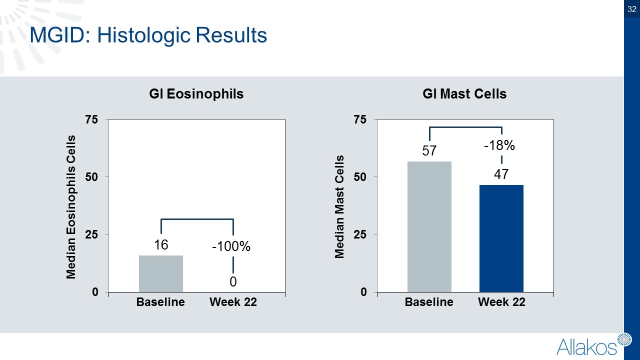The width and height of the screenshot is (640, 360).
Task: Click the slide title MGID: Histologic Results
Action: click(x=148, y=35)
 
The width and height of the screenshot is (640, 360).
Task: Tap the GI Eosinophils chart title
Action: click(x=196, y=93)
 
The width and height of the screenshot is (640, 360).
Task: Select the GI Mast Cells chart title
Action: click(x=464, y=93)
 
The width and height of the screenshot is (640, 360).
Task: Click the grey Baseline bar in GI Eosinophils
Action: click(x=160, y=273)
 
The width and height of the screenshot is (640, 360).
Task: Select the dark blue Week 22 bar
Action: click(x=501, y=238)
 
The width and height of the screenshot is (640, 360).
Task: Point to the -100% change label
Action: click(x=231, y=247)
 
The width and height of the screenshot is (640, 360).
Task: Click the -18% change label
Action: click(x=499, y=146)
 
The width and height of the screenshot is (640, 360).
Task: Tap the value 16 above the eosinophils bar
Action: click(x=160, y=245)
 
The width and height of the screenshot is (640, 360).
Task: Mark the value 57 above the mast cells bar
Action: click(x=429, y=150)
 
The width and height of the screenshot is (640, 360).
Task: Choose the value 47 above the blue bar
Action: click(x=501, y=174)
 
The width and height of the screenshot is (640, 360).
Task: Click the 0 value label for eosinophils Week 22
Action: click(x=233, y=282)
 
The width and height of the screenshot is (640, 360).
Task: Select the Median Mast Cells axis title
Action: click(x=339, y=207)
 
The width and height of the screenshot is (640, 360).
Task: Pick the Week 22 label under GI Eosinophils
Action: click(x=233, y=302)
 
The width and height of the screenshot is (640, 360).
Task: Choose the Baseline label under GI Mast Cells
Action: click(x=429, y=302)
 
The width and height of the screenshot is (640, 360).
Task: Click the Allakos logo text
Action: click(x=586, y=346)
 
